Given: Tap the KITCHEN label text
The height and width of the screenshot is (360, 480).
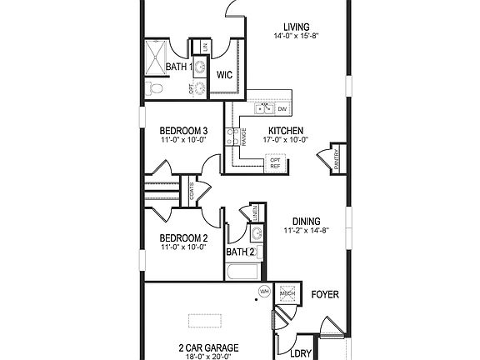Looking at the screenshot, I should coord(285,130).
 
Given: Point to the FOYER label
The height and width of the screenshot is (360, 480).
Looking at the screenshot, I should coord(325,295).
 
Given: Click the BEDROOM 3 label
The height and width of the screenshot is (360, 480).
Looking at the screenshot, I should coord(182,131).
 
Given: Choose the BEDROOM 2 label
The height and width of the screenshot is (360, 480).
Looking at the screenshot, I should coord(182,237).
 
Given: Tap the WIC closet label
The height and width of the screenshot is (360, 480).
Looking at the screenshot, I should coord(224,75).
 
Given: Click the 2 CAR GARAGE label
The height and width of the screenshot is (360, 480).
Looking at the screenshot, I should coord(208,347).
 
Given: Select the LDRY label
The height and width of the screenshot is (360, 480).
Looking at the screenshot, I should coord(300,353).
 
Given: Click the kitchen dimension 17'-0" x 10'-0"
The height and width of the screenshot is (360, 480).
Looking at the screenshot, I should coord(285,140).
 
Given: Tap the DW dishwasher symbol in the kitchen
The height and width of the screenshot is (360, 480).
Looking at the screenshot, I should coord(282,109).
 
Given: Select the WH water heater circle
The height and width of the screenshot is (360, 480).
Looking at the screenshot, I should coord(264,292).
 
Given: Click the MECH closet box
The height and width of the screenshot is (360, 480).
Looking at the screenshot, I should coord(287,293).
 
